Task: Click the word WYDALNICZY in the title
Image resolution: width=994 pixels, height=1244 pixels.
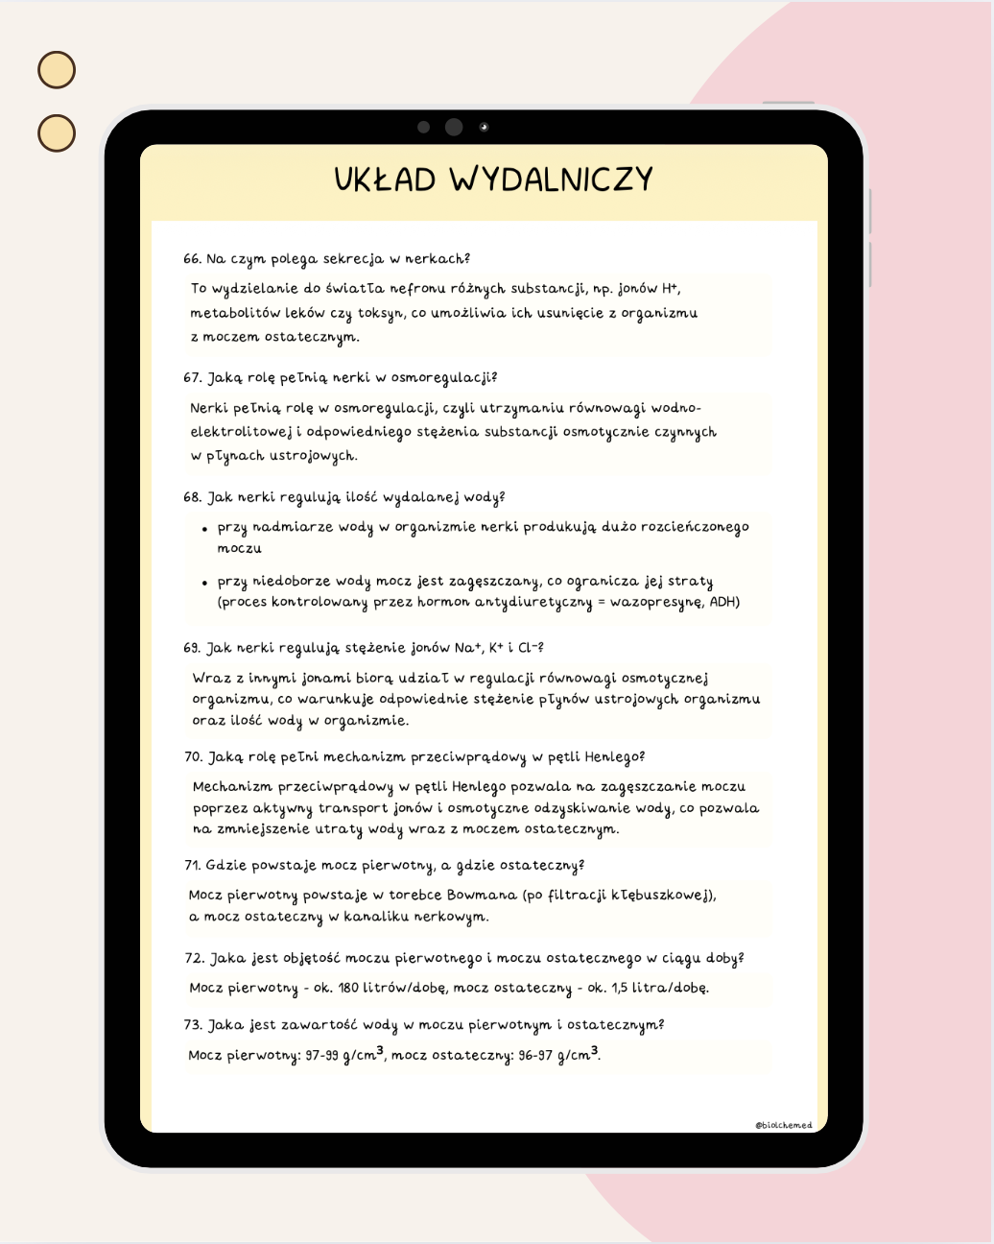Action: [552, 179]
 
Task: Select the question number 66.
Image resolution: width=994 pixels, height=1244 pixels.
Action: [192, 259]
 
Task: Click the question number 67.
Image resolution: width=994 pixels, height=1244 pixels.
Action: [192, 378]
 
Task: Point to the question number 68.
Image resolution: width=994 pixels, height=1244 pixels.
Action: [192, 497]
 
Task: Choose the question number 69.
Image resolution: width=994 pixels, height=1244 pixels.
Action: [192, 648]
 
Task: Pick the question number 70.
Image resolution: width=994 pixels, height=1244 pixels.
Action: [193, 757]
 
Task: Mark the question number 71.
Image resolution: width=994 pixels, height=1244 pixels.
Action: [192, 866]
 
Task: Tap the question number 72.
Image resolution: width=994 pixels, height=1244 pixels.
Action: [193, 958]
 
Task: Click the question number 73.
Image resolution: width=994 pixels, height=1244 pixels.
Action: [193, 1025]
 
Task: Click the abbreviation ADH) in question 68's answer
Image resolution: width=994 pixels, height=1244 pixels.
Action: [724, 603]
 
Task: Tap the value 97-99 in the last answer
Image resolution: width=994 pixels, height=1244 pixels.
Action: [322, 1056]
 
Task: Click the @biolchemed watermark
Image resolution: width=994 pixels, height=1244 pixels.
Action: [783, 1125]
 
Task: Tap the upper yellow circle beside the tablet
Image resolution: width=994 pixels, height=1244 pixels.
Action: [57, 70]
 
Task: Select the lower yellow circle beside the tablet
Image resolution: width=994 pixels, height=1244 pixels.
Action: [57, 133]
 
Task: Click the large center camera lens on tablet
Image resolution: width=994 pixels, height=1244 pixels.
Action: [454, 127]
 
